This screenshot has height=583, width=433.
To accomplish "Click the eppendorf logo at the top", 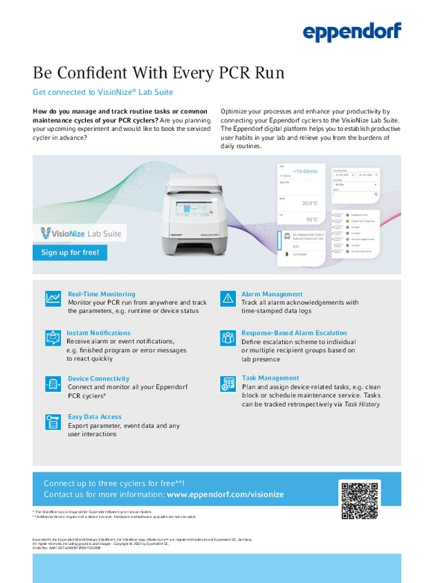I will coord(352,31).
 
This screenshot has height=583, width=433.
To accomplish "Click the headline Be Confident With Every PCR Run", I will coord(158,73).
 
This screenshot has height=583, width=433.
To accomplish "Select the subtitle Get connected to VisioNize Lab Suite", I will coord(103,93).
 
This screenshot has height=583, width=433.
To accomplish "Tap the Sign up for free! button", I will coord(70,253).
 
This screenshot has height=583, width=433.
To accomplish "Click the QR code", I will coord(359,500).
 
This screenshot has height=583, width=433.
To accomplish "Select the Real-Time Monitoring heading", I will coord(102,294).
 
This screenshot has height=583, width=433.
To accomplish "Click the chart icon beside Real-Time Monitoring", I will coord(53,298).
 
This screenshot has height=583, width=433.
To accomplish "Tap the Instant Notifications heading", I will coord(99,333).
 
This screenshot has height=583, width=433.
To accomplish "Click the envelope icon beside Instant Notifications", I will coord(53,338).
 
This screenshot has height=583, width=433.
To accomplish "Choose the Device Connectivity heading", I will coord(99,379).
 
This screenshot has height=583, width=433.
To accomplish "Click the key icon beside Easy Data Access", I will coord(53,422).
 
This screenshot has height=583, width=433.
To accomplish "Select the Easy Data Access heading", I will coord(95,417).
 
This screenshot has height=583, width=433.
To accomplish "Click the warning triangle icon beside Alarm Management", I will coord(228,298).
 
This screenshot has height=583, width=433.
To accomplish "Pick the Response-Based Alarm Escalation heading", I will coord(294,333).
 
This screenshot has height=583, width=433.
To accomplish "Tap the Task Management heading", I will coord(270,378).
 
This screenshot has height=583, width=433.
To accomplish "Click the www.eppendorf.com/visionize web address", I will coord(225,495).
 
